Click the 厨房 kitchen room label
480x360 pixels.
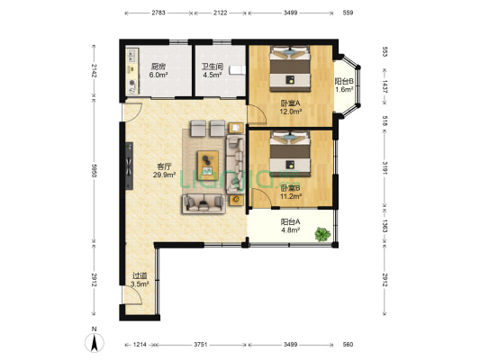[158, 66]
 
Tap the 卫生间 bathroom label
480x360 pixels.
[213, 66]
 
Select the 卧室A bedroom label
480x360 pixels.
[291, 103]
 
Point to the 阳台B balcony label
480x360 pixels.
[344, 81]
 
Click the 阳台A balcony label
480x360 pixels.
[291, 221]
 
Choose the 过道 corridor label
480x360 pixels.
[140, 276]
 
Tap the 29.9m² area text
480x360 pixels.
[165, 175]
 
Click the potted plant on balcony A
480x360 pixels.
[322, 234]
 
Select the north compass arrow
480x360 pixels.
[95, 343]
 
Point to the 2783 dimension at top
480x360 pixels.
[158, 13]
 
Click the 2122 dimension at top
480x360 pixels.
[221, 13]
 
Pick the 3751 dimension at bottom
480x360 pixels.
[201, 345]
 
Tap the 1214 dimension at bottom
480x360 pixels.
[140, 345]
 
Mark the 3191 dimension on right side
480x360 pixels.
[385, 168]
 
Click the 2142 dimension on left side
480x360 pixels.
[94, 71]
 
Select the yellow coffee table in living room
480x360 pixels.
[208, 166]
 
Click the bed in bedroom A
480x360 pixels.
[290, 68]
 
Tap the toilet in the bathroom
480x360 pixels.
[237, 69]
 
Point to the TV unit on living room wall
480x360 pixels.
[129, 166]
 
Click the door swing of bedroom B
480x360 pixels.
[260, 198]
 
